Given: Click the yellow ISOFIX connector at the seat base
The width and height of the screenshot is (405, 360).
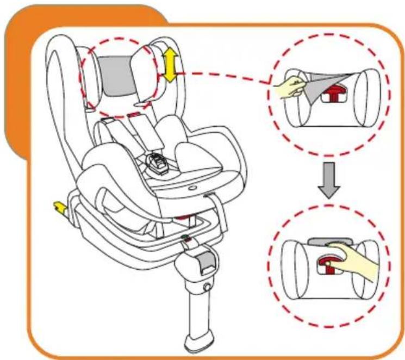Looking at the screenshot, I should point(57,207).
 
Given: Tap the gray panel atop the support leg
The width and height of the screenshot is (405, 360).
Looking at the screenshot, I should point(205,262).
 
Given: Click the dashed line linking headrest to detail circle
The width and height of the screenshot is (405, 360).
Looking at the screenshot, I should point(223,75).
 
